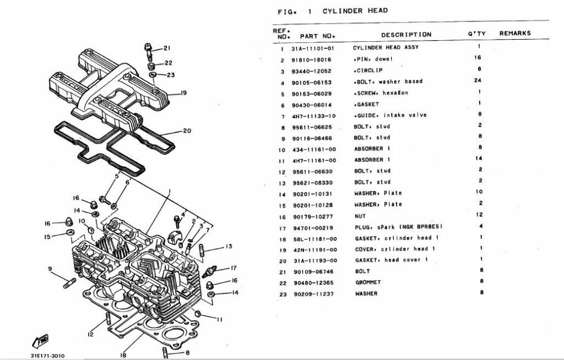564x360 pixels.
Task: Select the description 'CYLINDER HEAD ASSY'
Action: coord(386,47)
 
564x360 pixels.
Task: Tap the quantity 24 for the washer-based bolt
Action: coord(479,81)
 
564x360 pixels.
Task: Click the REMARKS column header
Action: coord(515,33)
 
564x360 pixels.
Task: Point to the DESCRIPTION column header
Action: coord(406,35)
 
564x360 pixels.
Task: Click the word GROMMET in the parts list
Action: coord(368,282)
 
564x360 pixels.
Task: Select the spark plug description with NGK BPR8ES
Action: coord(398,227)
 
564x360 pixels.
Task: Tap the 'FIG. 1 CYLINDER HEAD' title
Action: coord(333,10)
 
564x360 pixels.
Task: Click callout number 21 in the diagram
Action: coord(167,48)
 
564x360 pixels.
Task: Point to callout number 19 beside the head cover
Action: coord(183,93)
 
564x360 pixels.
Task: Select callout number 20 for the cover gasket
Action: coord(187,131)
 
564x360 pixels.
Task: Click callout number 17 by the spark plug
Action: coord(233,268)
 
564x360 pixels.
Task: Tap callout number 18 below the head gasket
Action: coord(123,355)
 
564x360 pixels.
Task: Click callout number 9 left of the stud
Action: coord(50,269)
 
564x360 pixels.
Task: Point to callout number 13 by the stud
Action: coord(229,246)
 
